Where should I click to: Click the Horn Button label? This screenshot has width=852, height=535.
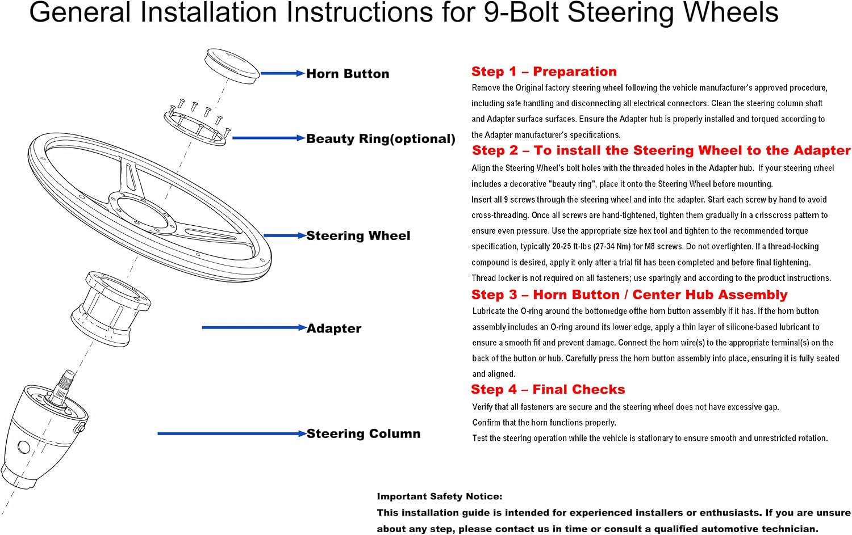pos(348,73)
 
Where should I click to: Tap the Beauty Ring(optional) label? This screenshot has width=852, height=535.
pos(381,138)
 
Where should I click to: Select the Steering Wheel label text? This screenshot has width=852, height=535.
pos(358,235)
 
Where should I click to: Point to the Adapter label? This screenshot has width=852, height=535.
pos(334,328)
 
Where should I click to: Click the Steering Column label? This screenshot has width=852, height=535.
pos(364,433)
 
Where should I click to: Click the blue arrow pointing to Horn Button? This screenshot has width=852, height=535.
pos(283,73)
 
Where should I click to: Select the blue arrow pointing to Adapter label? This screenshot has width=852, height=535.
pos(254,327)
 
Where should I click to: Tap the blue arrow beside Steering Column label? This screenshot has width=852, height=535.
pos(232,433)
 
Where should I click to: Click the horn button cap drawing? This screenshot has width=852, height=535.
pos(232,65)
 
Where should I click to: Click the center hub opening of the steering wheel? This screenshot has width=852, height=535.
pos(142,212)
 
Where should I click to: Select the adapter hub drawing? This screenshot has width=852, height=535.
pos(111,309)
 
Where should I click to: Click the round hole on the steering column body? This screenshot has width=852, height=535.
pos(24,447)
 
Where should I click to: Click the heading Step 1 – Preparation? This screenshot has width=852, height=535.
pos(544,71)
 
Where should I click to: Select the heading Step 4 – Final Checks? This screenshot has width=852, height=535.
pos(548,389)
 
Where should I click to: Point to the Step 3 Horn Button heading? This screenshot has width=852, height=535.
pos(629,294)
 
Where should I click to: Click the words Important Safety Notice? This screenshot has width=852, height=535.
pos(440,496)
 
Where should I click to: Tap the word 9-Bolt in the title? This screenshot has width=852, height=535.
pos(521,12)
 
